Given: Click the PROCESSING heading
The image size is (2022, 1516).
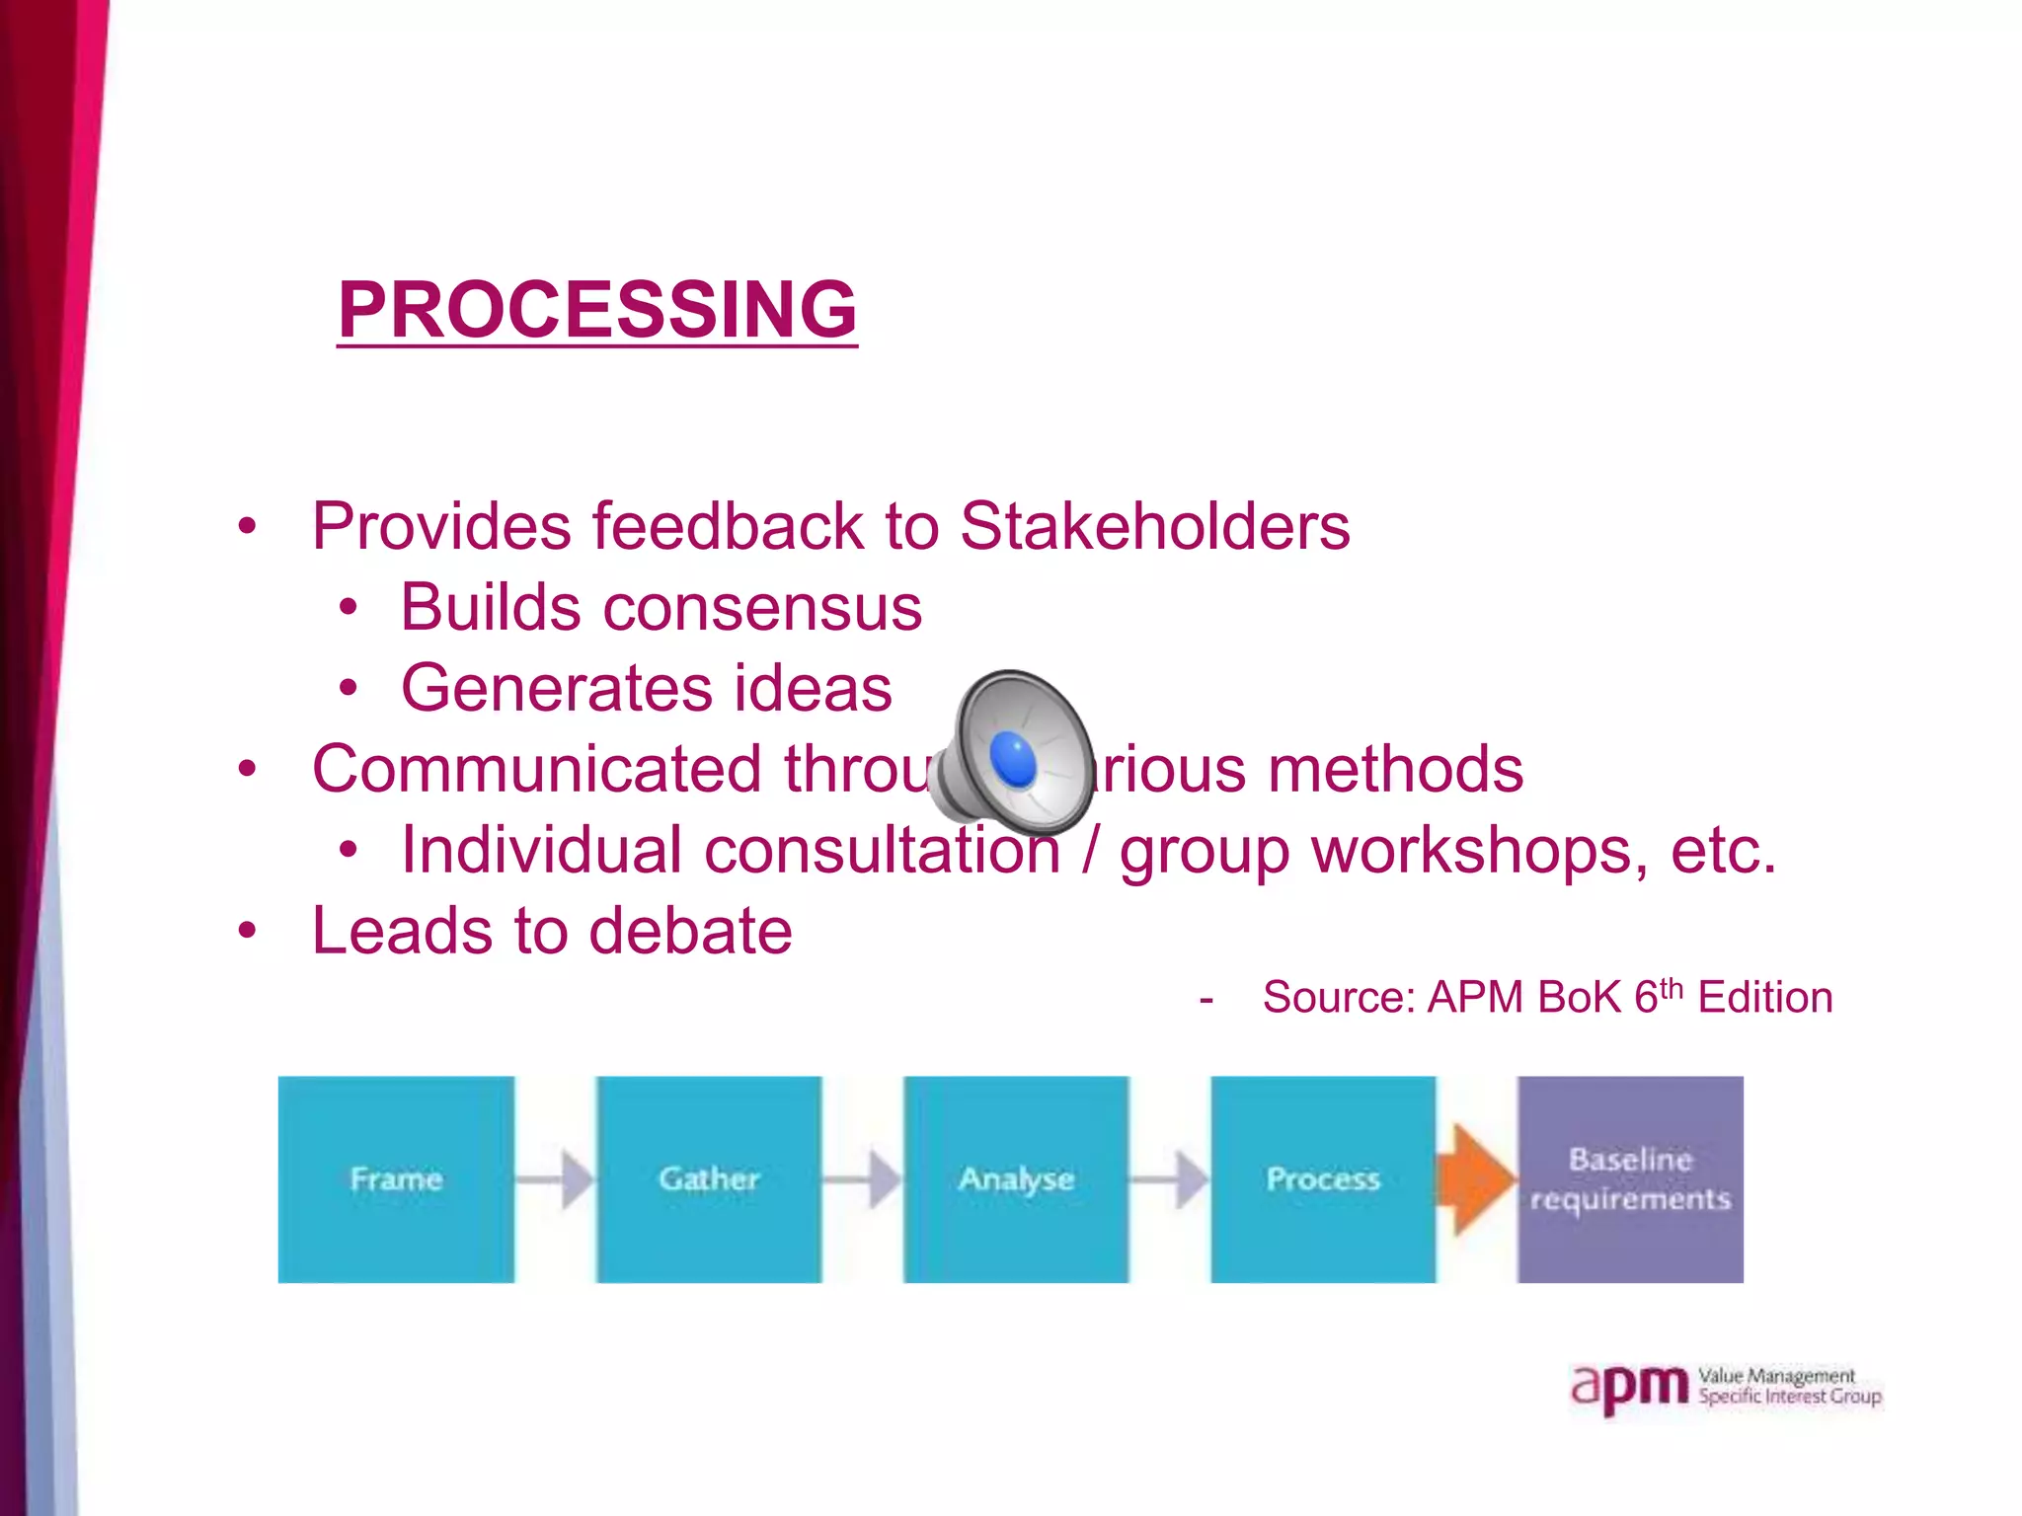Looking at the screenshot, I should pyautogui.click(x=597, y=309).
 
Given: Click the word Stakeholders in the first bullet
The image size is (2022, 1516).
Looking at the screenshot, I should pyautogui.click(x=1154, y=526).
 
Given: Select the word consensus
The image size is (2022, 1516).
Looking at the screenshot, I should pyautogui.click(x=762, y=607).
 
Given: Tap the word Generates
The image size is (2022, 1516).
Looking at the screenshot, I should pyautogui.click(x=555, y=688).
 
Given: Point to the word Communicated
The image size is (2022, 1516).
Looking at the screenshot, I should pyautogui.click(x=537, y=769).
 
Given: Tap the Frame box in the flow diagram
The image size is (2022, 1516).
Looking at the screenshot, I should pyautogui.click(x=396, y=1178).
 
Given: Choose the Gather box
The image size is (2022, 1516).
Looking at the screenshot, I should pyautogui.click(x=709, y=1178).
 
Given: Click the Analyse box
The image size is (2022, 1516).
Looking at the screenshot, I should pyautogui.click(x=1016, y=1178).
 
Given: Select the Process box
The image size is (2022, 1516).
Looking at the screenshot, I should pyautogui.click(x=1323, y=1178).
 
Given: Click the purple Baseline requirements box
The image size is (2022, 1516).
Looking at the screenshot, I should pyautogui.click(x=1630, y=1178).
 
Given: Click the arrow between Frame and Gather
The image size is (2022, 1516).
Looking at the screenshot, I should pyautogui.click(x=556, y=1178).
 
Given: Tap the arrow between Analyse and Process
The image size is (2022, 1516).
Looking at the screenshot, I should pyautogui.click(x=1170, y=1178).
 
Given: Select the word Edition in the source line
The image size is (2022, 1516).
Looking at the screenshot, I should pyautogui.click(x=1764, y=998).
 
